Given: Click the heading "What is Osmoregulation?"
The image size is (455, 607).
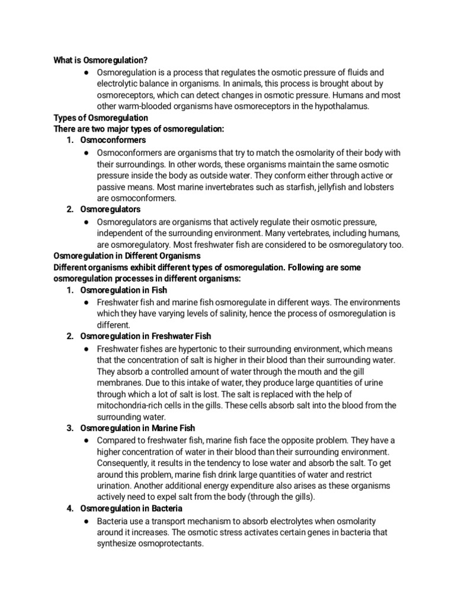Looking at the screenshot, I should point(100,60).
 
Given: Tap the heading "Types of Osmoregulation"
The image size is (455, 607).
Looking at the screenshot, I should point(101,117).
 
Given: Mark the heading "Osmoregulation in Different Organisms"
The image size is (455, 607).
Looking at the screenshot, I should point(127,255).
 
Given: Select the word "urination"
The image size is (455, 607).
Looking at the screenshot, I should point(114,485).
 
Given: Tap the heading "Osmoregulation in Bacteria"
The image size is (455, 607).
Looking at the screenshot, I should point(131,508).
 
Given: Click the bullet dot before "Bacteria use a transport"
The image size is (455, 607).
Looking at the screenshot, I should point(86,520).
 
